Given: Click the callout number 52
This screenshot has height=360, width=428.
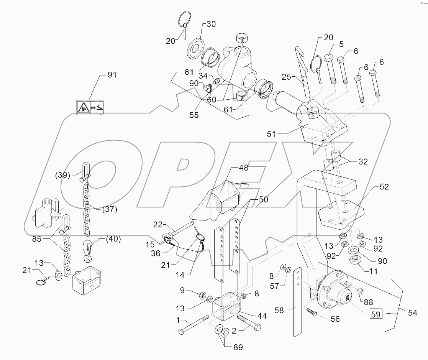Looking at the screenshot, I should (x=384, y=187).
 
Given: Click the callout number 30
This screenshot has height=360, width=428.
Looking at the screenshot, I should (x=211, y=24).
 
